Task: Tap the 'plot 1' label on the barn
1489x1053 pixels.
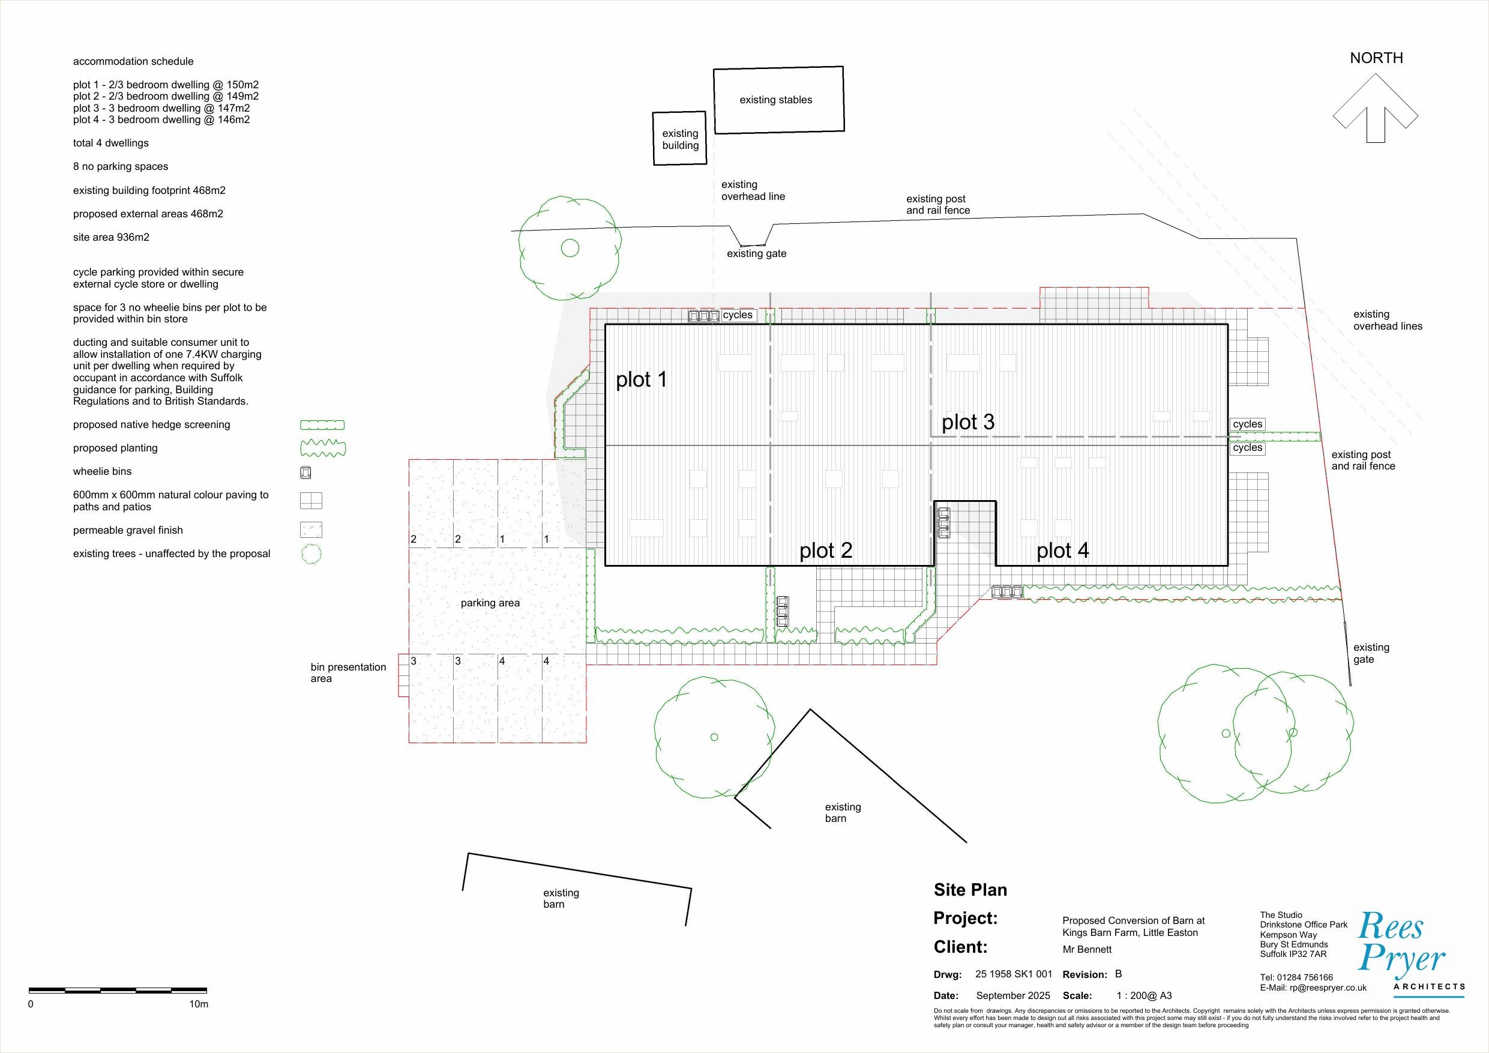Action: tap(642, 379)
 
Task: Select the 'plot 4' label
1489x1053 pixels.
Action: tap(1062, 551)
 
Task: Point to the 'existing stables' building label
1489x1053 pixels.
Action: tap(775, 100)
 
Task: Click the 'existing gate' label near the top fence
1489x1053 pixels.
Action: tap(756, 254)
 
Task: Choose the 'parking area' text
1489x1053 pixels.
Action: tap(490, 603)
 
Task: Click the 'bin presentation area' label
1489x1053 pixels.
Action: tap(348, 673)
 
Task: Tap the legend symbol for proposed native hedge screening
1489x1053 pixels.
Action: tap(322, 426)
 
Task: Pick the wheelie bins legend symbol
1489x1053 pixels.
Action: tap(305, 472)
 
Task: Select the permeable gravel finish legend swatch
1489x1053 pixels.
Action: tap(311, 530)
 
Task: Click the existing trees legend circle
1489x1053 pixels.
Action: tap(311, 554)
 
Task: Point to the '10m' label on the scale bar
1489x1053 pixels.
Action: tap(199, 1004)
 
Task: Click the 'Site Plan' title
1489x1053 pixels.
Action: tap(970, 890)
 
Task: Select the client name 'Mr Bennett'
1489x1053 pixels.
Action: tap(1087, 950)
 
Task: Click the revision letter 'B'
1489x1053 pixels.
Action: tap(1118, 974)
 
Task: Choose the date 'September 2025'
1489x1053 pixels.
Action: tap(1013, 996)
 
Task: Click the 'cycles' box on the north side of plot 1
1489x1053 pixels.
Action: tap(738, 315)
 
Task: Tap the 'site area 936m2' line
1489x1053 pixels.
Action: tap(111, 238)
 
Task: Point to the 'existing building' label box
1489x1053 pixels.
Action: tap(679, 138)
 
